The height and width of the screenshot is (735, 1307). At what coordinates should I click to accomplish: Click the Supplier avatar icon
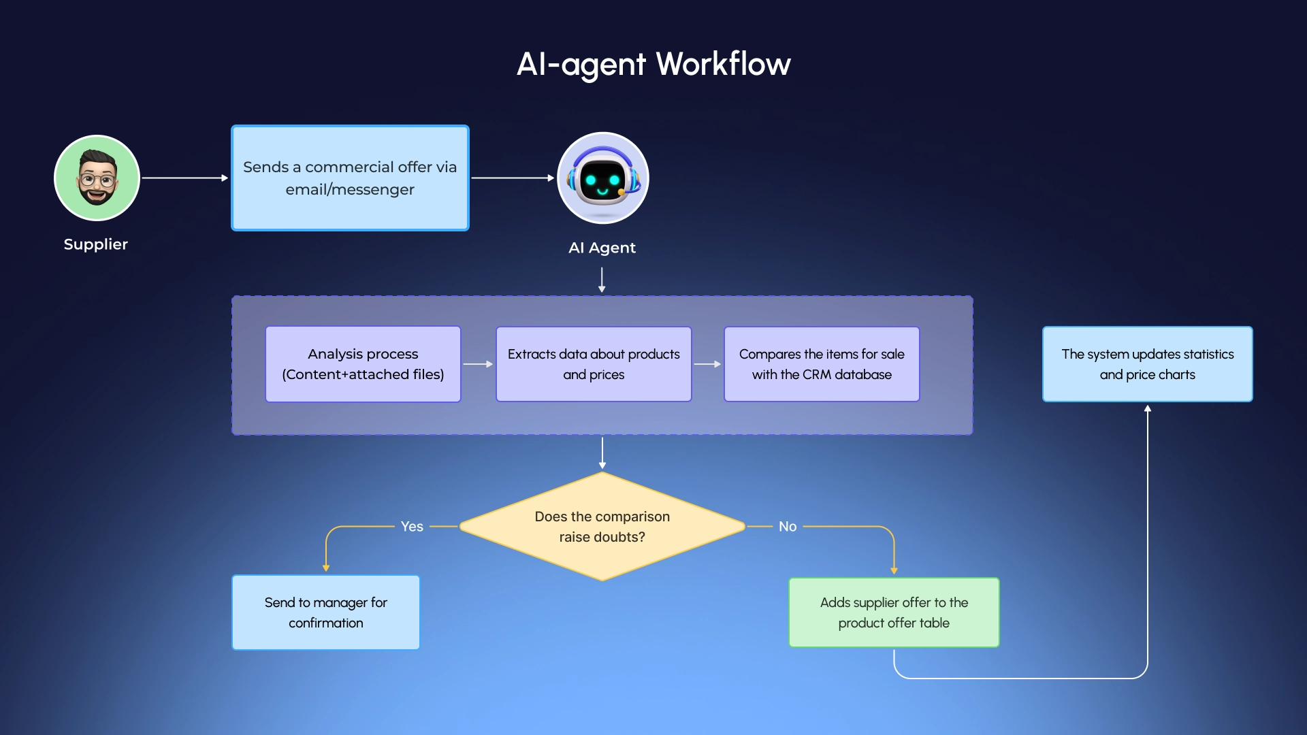coord(97,178)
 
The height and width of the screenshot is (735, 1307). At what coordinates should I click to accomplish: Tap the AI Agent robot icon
coord(602,178)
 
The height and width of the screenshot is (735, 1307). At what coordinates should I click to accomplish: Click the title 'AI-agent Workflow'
coord(653,64)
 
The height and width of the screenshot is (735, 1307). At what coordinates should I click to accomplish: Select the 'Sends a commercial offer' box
coord(350,178)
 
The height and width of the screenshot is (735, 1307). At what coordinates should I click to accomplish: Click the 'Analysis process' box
coord(363,364)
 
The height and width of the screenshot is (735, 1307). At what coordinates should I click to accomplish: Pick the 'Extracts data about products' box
coord(594,364)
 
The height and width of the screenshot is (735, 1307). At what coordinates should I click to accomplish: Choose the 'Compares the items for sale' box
coord(822,364)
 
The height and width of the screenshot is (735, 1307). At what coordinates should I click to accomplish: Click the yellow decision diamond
coord(602,526)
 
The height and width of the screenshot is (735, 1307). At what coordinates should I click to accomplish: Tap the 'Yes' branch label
coord(412,526)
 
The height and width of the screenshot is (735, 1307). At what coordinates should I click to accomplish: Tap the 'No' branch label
coord(788,526)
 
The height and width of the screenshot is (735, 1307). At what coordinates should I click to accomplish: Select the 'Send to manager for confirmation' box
coord(325,612)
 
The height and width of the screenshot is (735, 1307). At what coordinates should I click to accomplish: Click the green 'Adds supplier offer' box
coord(894,612)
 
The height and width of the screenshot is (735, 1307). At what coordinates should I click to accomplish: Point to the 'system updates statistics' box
coord(1147,364)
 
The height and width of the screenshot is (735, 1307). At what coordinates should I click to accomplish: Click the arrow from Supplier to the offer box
coord(184,178)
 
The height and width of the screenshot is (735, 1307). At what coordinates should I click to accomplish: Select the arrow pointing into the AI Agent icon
coord(513,178)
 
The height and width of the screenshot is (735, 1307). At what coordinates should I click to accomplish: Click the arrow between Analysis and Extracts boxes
coord(478,364)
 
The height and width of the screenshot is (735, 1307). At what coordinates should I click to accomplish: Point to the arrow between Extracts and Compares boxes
coord(707,364)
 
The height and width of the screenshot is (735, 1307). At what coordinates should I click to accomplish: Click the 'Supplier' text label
coord(96,244)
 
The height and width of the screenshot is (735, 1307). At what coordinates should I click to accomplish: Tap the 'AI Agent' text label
coord(602,248)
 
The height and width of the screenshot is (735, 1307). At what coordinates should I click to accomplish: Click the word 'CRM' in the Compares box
coord(816,374)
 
